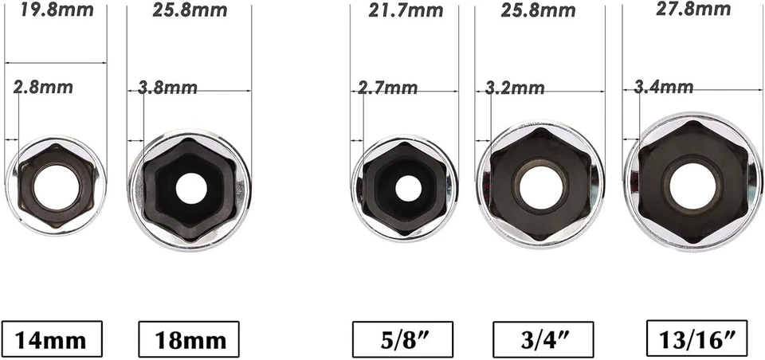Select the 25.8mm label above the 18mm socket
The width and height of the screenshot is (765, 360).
click(x=189, y=10)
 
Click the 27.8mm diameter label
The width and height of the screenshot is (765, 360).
click(x=694, y=9)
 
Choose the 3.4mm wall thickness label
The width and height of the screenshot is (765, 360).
click(x=664, y=86)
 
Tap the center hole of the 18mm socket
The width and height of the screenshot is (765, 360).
click(x=190, y=188)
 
